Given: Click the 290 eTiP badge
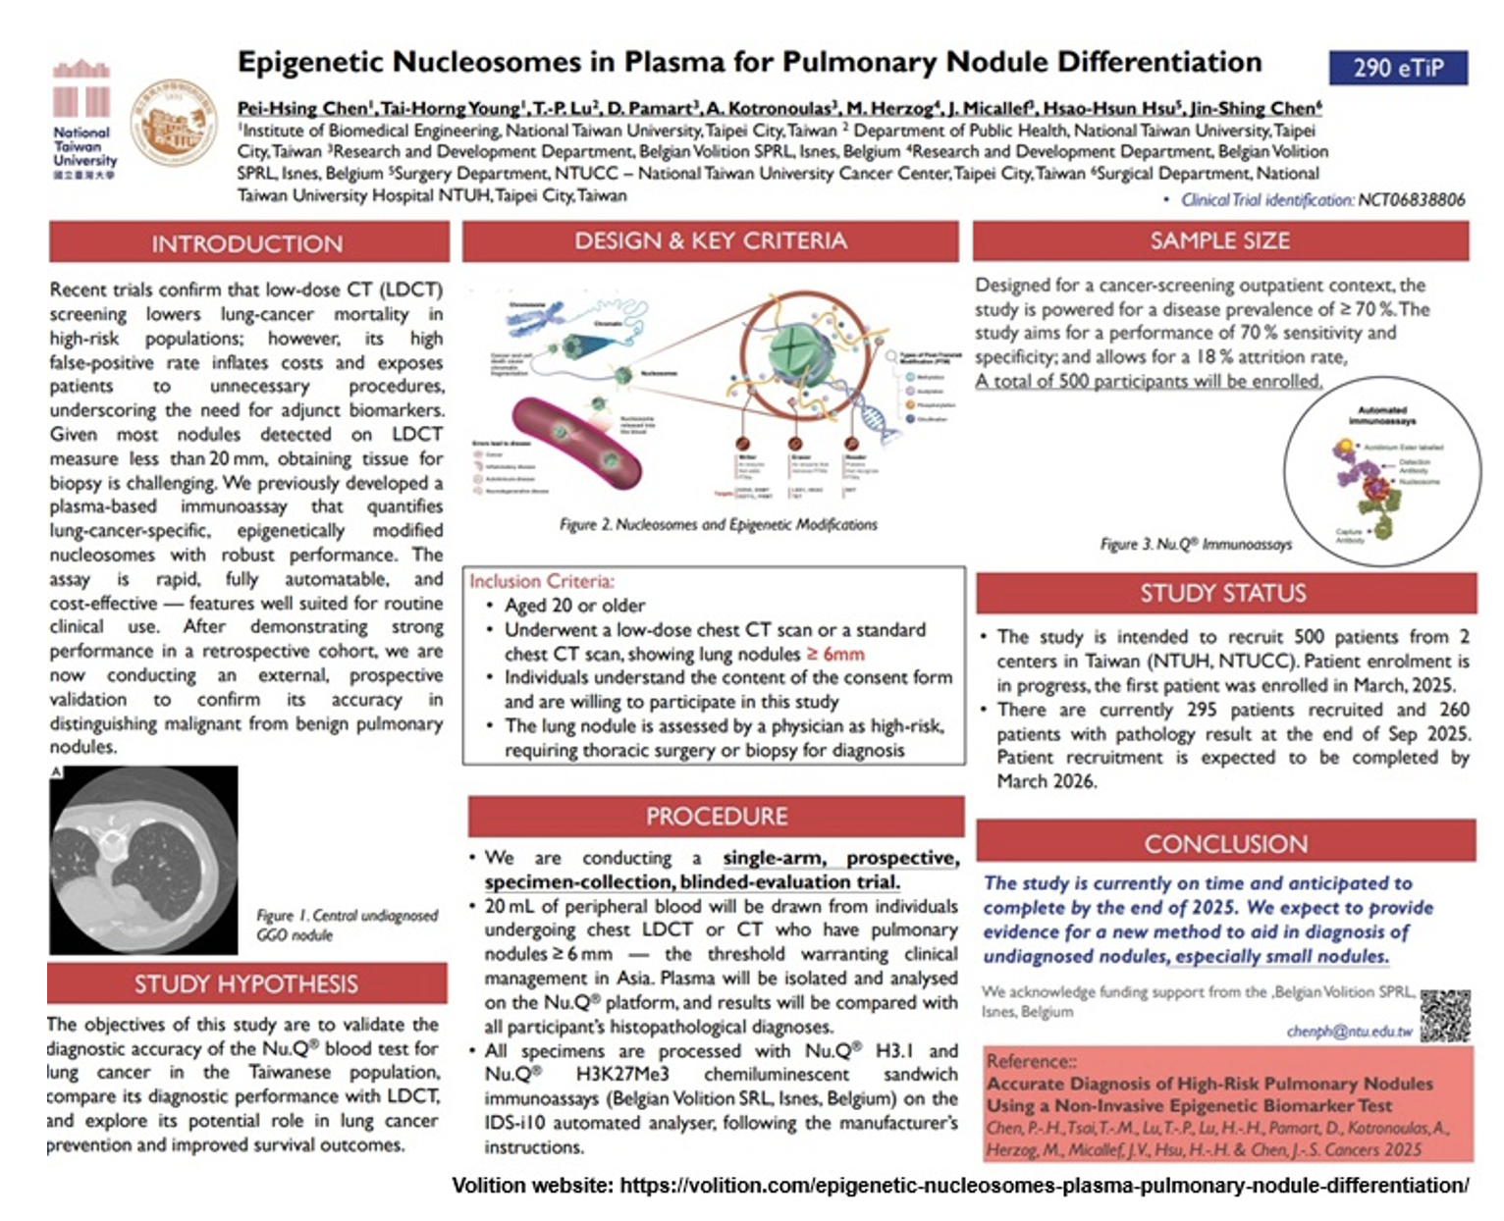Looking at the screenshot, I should pyautogui.click(x=1398, y=68).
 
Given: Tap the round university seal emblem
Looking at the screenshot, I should pyautogui.click(x=174, y=122).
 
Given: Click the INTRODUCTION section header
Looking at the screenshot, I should pyautogui.click(x=247, y=243).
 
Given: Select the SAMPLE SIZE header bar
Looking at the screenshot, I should pyautogui.click(x=1219, y=240).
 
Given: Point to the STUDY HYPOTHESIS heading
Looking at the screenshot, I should pyautogui.click(x=246, y=983).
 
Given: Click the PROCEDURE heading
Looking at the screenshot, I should pyautogui.click(x=716, y=816).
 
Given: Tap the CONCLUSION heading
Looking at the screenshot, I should pyautogui.click(x=1225, y=843).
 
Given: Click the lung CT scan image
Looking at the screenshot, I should pyautogui.click(x=143, y=860).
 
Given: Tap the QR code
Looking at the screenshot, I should pyautogui.click(x=1445, y=1015).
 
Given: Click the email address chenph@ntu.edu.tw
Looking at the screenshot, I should pyautogui.click(x=1349, y=1032).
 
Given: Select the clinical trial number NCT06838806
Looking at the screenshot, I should pyautogui.click(x=1411, y=200).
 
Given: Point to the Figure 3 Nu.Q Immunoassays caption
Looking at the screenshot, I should pyautogui.click(x=1195, y=544).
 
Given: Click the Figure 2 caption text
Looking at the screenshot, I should pyautogui.click(x=718, y=524).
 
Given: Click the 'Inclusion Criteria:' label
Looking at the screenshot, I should pyautogui.click(x=542, y=581).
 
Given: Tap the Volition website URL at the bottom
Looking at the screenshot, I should pyautogui.click(x=1044, y=1186).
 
